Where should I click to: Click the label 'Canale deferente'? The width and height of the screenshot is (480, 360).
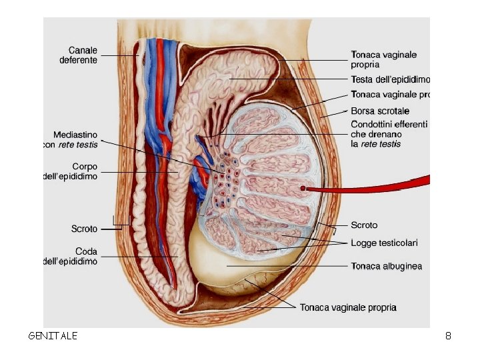[78, 55]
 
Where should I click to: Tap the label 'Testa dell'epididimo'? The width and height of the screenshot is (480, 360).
[390, 79]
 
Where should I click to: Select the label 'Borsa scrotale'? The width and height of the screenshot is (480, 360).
[380, 111]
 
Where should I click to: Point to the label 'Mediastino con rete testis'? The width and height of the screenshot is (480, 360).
[71, 139]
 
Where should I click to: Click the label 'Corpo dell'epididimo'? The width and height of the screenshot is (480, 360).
[71, 171]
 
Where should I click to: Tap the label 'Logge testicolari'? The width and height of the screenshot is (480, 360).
[385, 243]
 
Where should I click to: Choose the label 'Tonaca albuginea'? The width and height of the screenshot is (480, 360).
[387, 266]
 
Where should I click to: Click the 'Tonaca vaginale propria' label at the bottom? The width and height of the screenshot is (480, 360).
[348, 307]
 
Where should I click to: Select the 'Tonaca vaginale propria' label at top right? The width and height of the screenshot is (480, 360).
[384, 59]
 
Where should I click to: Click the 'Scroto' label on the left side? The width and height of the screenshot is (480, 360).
[84, 229]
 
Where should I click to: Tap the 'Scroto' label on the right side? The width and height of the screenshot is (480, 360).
[364, 225]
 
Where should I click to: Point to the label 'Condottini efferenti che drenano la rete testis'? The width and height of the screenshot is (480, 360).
[388, 134]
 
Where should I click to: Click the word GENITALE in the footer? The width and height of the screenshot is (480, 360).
[53, 336]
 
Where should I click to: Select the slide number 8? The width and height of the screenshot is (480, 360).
[448, 336]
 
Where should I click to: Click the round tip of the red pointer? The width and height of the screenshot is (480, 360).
[303, 189]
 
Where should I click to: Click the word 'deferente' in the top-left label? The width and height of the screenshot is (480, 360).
[78, 60]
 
